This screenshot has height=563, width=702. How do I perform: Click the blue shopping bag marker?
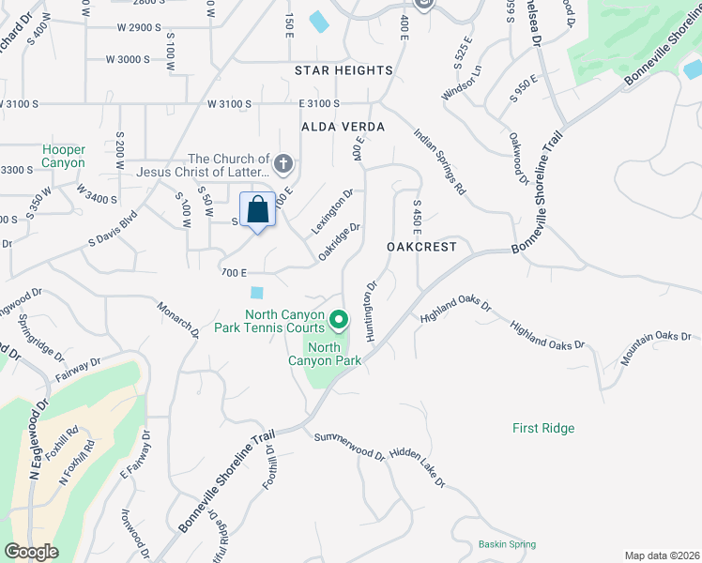258,210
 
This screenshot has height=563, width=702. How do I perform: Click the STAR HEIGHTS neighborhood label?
343,70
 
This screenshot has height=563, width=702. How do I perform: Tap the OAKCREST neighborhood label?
421,247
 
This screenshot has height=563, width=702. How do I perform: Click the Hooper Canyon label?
64,157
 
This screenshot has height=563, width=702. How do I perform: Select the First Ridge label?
543,428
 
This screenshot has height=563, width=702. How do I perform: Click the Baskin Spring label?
506,544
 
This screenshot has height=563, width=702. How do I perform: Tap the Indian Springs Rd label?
440,161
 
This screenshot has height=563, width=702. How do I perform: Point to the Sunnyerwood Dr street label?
349,445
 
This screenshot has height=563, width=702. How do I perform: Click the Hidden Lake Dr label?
417,466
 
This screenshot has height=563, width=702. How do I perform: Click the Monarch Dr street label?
178,320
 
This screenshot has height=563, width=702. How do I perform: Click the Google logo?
31,552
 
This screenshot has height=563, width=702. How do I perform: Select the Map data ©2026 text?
662,555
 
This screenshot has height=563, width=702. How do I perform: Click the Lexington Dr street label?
332,212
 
